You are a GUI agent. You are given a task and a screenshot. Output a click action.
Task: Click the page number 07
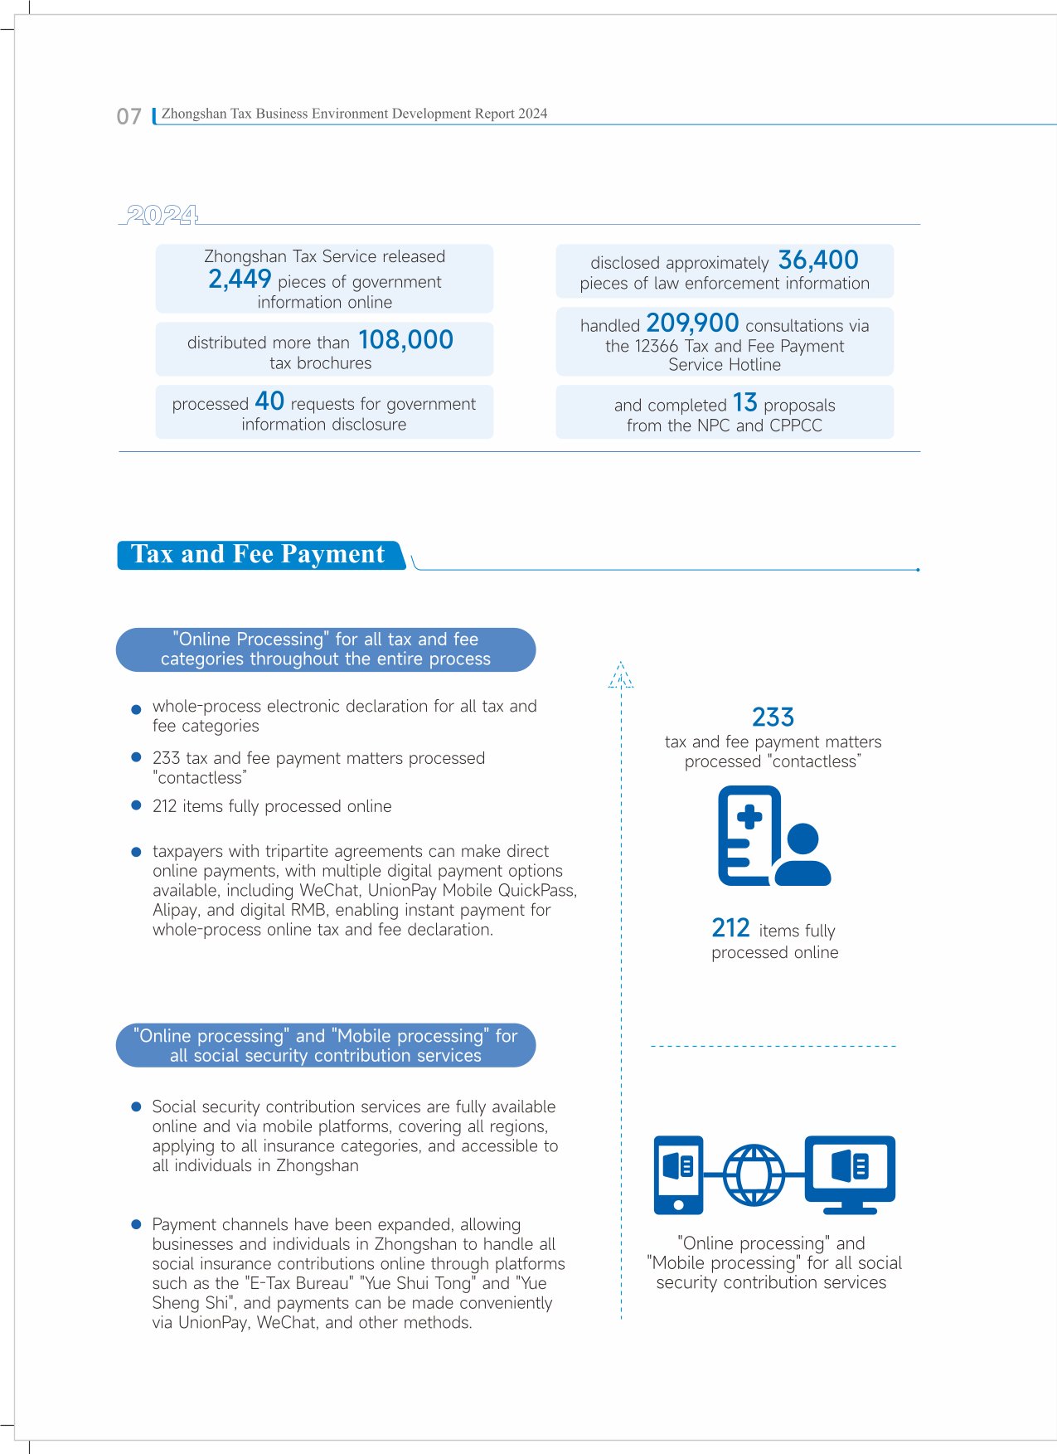coord(129,116)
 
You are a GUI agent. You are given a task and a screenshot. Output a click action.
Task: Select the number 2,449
coord(240,280)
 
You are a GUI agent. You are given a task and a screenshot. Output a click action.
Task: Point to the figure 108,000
coord(405,340)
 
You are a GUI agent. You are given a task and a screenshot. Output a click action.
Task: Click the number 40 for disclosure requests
coord(269,401)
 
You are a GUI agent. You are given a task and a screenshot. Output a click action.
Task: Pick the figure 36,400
coord(817,260)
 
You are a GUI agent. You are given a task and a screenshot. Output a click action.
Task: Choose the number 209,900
coord(692,323)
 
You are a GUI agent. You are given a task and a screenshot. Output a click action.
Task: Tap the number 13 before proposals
coord(744,403)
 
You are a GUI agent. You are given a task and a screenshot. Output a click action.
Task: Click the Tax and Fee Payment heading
coord(259,554)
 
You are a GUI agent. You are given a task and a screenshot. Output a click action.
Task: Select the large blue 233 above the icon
coord(773,717)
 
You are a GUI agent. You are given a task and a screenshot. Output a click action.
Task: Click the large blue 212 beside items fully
coord(730,927)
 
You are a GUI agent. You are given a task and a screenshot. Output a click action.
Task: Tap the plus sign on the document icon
coord(749,817)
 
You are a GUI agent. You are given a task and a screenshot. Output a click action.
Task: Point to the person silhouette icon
coord(802,855)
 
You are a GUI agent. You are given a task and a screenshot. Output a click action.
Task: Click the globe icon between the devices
coord(754,1175)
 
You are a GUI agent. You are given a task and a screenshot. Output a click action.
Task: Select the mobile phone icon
coord(678,1174)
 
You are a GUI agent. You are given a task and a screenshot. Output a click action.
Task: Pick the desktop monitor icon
coord(850,1173)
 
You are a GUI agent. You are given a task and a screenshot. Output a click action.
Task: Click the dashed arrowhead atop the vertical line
coord(621,675)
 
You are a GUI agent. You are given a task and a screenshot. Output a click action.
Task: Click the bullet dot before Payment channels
coord(137,1224)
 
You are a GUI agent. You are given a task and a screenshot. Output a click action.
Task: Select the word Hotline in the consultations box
coord(754,365)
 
